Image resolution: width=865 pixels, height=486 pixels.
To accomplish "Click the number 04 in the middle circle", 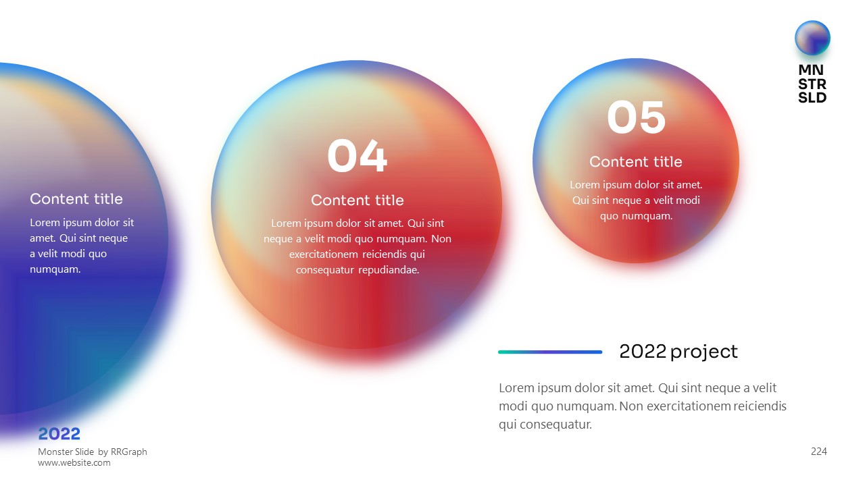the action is pos(357,156).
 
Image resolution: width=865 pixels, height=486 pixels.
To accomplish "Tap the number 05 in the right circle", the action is pos(637,117).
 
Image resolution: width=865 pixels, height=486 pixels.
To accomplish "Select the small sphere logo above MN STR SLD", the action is pos(812,38).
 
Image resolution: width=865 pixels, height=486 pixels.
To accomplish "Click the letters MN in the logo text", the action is pos(811,70).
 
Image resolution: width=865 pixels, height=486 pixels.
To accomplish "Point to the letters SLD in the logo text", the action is pos(812,98).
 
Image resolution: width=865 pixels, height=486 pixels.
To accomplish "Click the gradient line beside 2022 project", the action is pos(550,352).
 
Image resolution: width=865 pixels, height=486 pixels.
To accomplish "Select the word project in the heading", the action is pos(704,352).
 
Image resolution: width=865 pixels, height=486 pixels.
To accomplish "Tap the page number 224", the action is pos(818,452).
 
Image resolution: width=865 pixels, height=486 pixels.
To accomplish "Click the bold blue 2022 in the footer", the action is pos(59,434).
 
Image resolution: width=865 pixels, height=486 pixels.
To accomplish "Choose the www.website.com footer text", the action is pos(74,462).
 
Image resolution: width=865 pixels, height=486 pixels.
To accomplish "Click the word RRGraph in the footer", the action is pos(128,452).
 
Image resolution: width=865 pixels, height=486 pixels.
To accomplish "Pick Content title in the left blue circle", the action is pos(76,199).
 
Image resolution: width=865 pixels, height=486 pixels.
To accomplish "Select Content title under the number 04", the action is pos(357,200).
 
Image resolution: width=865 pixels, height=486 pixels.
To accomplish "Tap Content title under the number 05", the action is pos(636,161).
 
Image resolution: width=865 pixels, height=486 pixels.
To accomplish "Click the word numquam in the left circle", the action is pos(55,269).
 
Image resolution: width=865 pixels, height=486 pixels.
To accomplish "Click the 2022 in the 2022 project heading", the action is pos(643,352).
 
